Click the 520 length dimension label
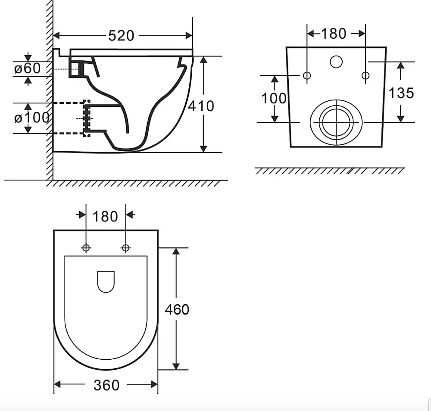tap(121, 36)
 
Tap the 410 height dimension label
tap(201, 106)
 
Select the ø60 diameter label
tap(27, 68)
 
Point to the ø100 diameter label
tap(32, 118)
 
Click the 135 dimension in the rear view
tap(401, 93)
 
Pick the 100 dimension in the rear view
tap(274, 98)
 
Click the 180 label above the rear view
tap(334, 34)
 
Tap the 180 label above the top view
tap(105, 217)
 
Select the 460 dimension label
tap(177, 309)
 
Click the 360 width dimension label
tap(106, 385)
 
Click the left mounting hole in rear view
tap(307, 75)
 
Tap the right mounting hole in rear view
tap(365, 75)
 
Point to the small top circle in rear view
tap(336, 62)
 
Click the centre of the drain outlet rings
tap(336, 122)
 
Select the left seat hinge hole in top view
tap(86, 248)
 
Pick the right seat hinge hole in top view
tap(125, 248)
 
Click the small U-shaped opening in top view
tap(106, 282)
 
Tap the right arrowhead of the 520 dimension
tap(189, 35)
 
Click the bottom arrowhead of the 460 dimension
tap(176, 367)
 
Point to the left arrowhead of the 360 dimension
tap(57, 384)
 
